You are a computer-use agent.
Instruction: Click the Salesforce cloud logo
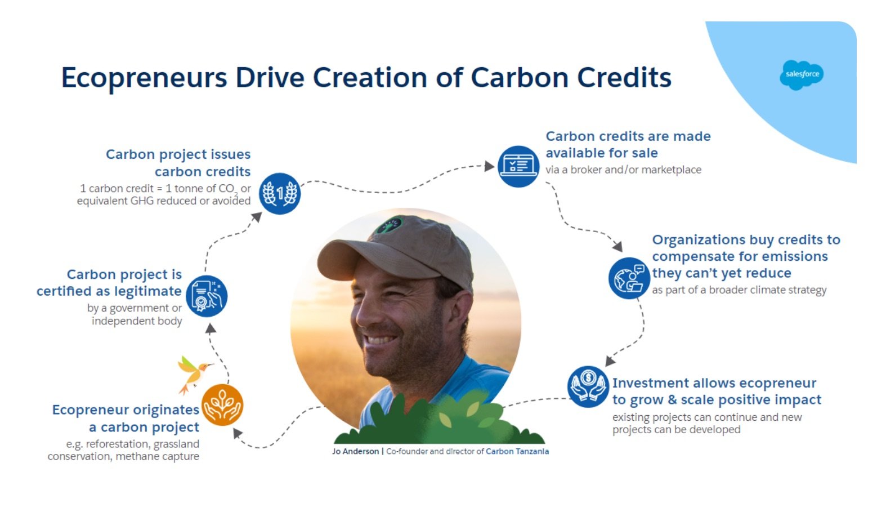[802, 74]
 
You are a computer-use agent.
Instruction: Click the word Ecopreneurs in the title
[144, 78]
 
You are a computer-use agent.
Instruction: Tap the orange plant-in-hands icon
[222, 404]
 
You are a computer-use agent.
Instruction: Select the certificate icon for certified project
[207, 296]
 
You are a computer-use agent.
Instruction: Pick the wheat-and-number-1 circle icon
[280, 194]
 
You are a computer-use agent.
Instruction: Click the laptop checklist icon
[518, 166]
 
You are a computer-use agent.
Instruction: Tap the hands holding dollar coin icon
[588, 386]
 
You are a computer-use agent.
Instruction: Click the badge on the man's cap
[389, 225]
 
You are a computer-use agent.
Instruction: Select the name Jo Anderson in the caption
[356, 451]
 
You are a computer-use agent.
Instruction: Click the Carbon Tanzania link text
[517, 451]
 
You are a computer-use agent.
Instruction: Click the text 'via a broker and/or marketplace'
[623, 170]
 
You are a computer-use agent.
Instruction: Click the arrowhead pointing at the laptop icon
[489, 166]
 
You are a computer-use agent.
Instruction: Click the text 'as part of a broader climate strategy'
[739, 290]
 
